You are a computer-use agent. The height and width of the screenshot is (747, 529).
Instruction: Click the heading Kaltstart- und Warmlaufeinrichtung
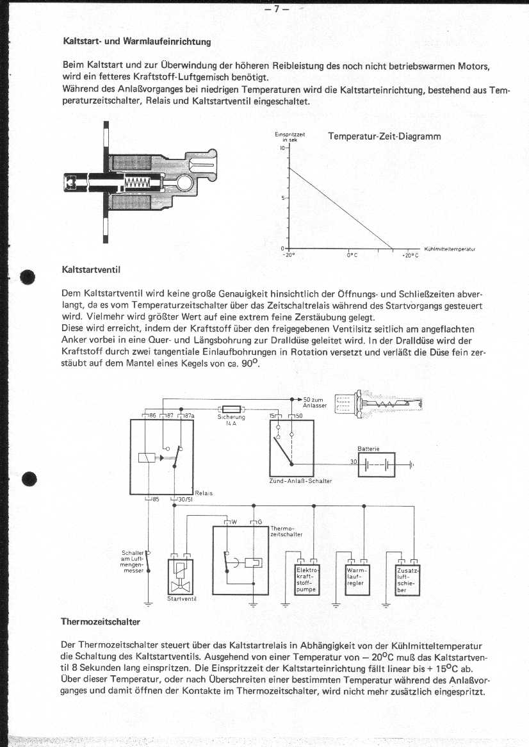click(x=136, y=42)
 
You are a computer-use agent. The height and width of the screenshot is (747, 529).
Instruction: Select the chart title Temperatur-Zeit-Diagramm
click(x=384, y=136)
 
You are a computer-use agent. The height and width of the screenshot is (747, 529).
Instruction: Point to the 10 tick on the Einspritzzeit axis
click(x=281, y=148)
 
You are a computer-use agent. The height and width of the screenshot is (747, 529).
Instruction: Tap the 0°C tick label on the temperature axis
click(x=350, y=254)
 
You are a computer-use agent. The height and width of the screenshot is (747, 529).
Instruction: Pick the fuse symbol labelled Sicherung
click(x=231, y=408)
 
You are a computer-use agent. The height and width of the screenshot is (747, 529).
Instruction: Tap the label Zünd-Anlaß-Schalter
click(x=300, y=480)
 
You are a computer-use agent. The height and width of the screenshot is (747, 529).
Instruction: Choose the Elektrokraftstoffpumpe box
click(x=305, y=580)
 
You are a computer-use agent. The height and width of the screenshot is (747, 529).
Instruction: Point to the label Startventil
click(x=181, y=599)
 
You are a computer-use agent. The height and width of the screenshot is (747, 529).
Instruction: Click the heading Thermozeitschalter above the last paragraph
click(x=100, y=621)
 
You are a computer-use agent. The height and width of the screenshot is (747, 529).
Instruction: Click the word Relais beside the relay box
click(x=204, y=493)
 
